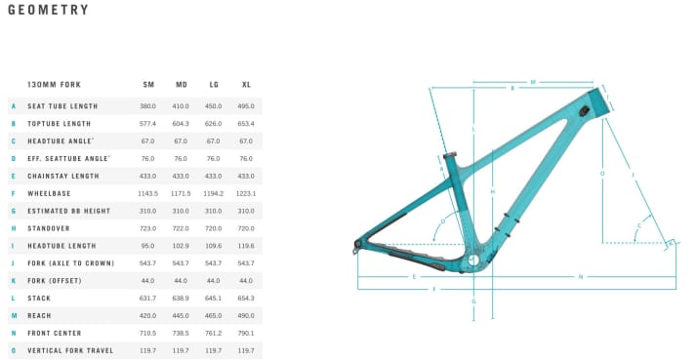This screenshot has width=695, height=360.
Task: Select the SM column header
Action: point(148,85)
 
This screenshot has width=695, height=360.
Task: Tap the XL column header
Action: point(246,85)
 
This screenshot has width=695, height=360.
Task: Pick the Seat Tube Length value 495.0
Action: point(246,106)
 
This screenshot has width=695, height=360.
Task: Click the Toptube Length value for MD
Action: point(181,124)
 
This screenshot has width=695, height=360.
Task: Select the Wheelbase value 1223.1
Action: point(246,193)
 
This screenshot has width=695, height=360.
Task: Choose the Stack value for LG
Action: point(214,298)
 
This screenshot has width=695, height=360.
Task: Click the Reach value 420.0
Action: point(148,315)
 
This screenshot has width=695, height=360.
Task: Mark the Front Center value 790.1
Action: point(246,333)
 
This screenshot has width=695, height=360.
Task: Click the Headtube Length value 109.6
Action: point(214,246)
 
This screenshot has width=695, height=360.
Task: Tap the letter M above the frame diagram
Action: point(533,82)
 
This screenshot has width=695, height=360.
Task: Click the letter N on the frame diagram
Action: point(580,277)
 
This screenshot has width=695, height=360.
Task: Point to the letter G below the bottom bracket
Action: point(473,301)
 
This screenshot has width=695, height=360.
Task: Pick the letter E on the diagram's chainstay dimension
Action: point(414,277)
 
